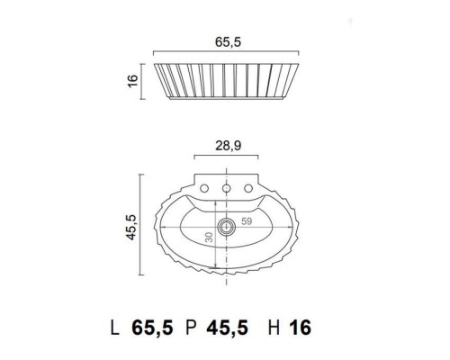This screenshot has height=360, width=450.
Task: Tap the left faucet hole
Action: click(x=204, y=190)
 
